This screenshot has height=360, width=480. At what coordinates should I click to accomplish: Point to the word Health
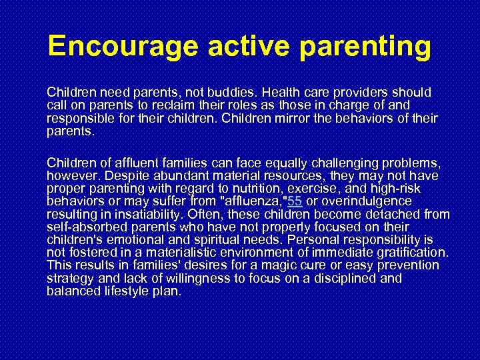[x=283, y=92]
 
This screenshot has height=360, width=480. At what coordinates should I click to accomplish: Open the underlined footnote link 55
[x=294, y=201]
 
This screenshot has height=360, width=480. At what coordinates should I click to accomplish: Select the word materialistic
[x=189, y=253]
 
